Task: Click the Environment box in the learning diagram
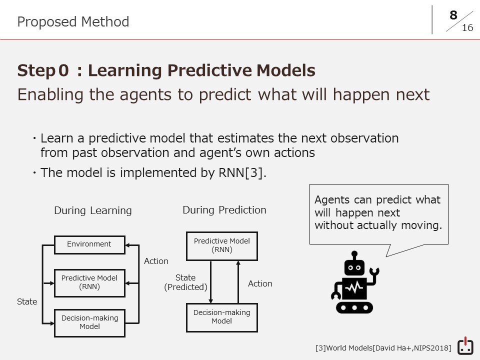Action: click(x=89, y=245)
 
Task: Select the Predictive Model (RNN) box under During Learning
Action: click(x=89, y=283)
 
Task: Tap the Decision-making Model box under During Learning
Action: click(x=89, y=323)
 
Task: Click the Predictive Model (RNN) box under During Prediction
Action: click(x=222, y=246)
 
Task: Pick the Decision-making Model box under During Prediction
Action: click(x=222, y=317)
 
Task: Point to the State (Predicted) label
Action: click(x=185, y=282)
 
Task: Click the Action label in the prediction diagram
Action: click(x=260, y=284)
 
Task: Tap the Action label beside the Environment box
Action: click(x=156, y=261)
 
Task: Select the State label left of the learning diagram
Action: click(x=27, y=301)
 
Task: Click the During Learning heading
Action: click(x=93, y=210)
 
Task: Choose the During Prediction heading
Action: click(x=224, y=210)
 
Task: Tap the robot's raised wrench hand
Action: click(x=374, y=272)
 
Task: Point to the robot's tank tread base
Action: click(x=354, y=307)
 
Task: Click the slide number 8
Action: click(x=453, y=15)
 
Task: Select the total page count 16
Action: click(x=467, y=28)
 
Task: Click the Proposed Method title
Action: click(x=73, y=22)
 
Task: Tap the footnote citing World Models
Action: click(x=383, y=348)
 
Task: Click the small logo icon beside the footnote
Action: click(x=465, y=346)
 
